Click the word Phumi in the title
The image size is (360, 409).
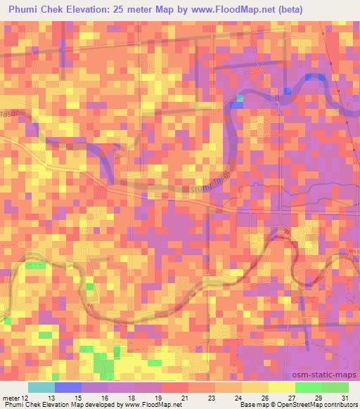point(27,9)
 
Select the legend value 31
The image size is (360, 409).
point(345,398)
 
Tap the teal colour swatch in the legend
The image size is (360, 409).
point(41,387)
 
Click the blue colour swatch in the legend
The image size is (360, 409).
point(67,387)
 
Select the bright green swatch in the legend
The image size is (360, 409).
point(308,387)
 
